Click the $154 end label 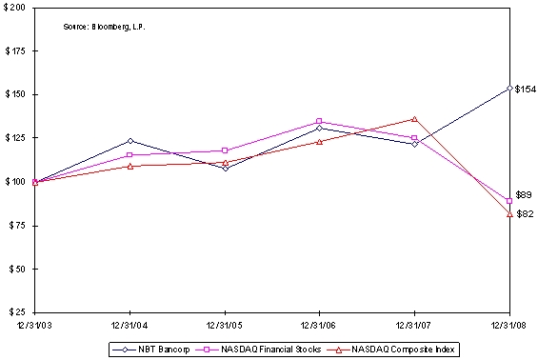(x=525, y=90)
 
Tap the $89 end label (x=524, y=195)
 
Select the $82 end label (x=524, y=214)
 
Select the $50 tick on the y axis (x=16, y=269)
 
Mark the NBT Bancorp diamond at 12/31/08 (x=509, y=88)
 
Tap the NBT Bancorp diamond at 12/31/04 (x=130, y=141)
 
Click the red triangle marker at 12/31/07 (x=414, y=118)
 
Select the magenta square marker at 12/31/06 (x=319, y=121)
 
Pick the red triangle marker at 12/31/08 (x=509, y=214)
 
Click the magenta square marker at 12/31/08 (x=509, y=201)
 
